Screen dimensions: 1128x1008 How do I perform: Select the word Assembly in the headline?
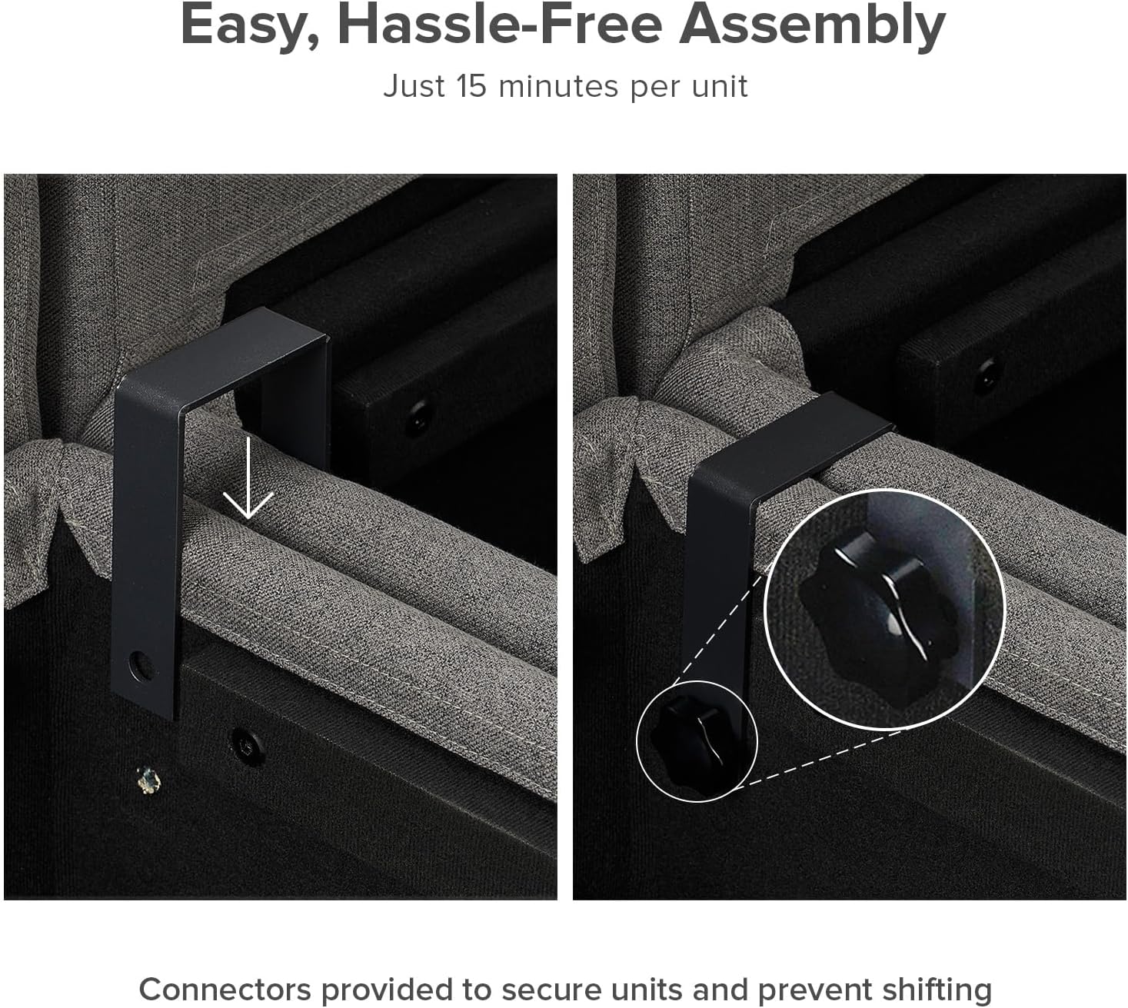(812, 27)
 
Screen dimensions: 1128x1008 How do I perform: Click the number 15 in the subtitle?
(471, 87)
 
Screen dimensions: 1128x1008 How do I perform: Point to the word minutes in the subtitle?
(558, 87)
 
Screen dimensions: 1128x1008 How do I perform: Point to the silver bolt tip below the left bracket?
(148, 780)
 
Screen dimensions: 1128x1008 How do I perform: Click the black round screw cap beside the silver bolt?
(246, 746)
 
